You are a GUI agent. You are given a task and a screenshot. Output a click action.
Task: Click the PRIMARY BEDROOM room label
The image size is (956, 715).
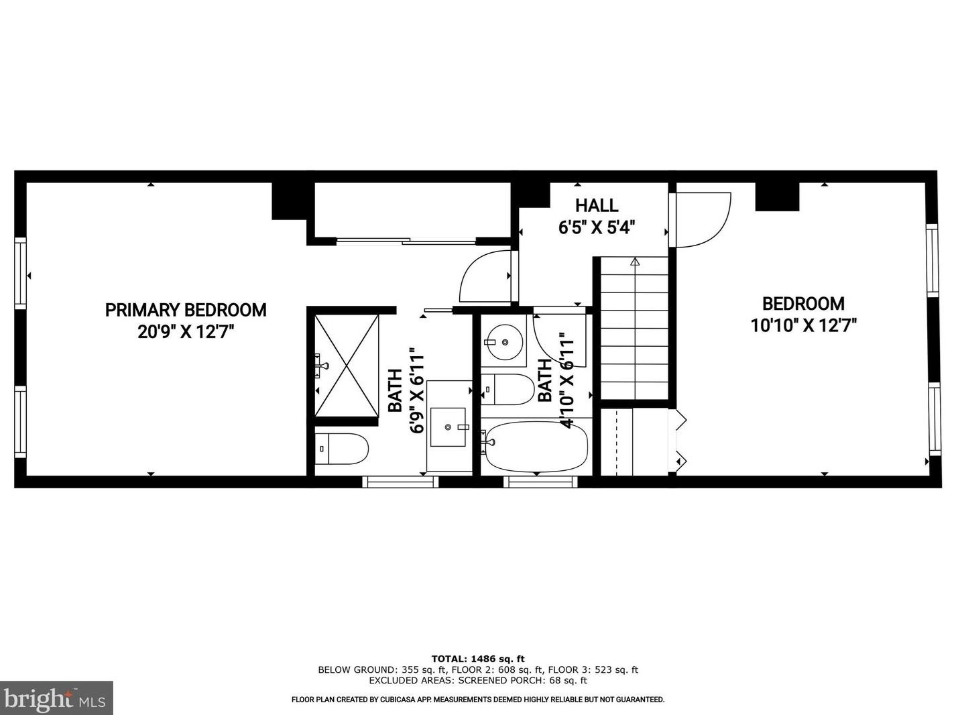point(186,310)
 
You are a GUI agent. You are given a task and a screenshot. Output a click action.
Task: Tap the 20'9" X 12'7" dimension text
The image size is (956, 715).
point(186,331)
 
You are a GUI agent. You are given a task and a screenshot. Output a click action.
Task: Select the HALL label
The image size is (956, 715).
point(597,205)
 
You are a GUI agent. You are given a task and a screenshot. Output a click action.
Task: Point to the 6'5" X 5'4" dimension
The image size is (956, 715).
point(597,227)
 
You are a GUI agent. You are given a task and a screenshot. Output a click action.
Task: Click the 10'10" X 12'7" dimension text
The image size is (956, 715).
point(803,325)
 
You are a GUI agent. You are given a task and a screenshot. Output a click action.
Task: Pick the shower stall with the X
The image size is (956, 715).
point(347,365)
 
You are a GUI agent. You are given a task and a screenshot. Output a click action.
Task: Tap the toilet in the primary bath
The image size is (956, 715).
point(342,449)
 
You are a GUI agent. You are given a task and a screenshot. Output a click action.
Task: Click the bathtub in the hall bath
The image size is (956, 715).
point(536,446)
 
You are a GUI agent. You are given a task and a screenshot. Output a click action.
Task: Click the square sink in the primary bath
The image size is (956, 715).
point(447,426)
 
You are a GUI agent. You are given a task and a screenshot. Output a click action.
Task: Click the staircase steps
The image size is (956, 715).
point(634,329)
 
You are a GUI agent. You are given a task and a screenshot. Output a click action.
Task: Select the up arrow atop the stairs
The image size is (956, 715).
point(635,262)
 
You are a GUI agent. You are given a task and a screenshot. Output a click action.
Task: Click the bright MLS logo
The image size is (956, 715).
point(56,698)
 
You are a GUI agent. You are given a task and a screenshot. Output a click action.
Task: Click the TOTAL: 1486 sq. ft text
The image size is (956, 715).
point(477,659)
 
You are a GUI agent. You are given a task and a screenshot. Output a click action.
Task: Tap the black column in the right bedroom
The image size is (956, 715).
point(777,197)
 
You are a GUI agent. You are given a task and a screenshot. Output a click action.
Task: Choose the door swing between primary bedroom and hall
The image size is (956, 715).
point(485,276)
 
